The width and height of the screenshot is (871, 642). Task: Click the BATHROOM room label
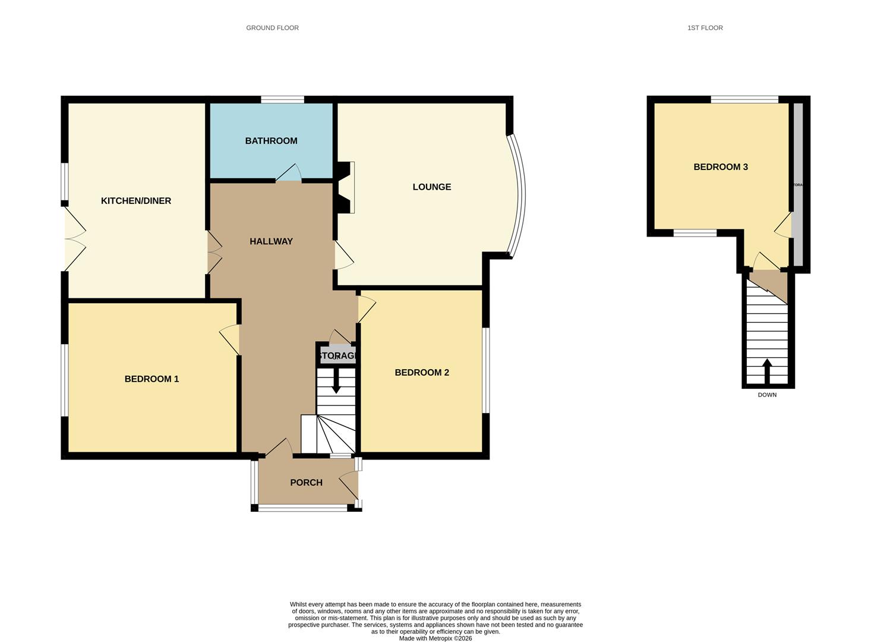(271, 141)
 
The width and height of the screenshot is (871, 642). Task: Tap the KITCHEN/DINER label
(136, 201)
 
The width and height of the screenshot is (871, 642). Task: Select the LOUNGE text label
(431, 187)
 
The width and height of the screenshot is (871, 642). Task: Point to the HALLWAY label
(271, 241)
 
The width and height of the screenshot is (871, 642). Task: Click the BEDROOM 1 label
(152, 379)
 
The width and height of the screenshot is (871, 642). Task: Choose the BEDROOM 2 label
(422, 373)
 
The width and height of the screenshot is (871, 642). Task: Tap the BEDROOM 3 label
(720, 167)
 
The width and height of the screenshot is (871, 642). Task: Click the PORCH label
(306, 483)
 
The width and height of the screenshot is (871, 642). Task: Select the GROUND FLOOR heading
(272, 28)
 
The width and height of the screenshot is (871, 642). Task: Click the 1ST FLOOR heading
(705, 28)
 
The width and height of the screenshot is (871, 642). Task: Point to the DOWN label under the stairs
(766, 395)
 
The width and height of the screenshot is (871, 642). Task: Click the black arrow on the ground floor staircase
(336, 381)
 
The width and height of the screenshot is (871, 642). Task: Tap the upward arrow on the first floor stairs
(766, 371)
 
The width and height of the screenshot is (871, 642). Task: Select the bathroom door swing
(289, 173)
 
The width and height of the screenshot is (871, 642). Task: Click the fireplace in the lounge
(346, 187)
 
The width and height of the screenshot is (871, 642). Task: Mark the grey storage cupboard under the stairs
(337, 356)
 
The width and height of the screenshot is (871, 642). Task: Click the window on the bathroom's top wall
(282, 99)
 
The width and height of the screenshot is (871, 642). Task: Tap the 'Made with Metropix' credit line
(435, 638)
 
